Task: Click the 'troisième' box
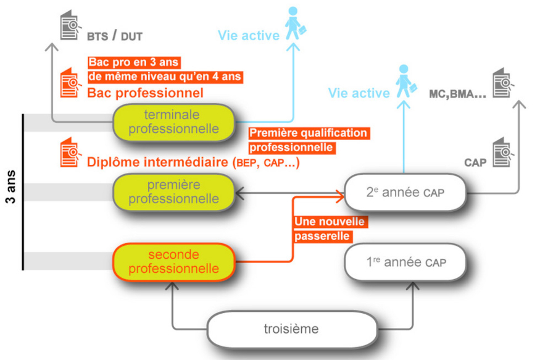292,329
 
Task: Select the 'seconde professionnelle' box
174,262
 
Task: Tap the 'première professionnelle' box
174,192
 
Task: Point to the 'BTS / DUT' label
114,36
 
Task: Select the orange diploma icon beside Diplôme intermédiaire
71,154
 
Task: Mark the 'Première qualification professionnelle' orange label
307,140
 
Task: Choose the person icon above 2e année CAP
405,80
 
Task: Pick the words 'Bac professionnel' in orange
145,93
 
